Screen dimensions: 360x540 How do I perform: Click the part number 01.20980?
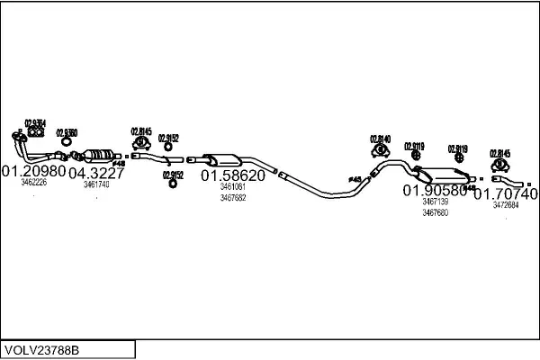tap(33, 170)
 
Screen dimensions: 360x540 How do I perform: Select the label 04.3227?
tap(96, 173)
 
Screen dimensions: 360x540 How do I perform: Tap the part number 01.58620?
tap(232, 176)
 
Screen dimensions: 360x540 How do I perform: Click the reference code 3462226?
tap(33, 183)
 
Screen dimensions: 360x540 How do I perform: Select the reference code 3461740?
tap(96, 184)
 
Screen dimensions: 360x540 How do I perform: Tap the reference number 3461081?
tap(232, 188)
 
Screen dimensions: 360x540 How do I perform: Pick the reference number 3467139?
tap(436, 202)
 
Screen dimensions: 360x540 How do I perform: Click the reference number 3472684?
tap(506, 205)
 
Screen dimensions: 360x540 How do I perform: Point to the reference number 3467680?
tap(436, 213)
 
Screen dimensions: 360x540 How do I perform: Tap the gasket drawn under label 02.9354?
tap(36, 134)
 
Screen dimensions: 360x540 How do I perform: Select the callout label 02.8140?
tap(381, 139)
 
